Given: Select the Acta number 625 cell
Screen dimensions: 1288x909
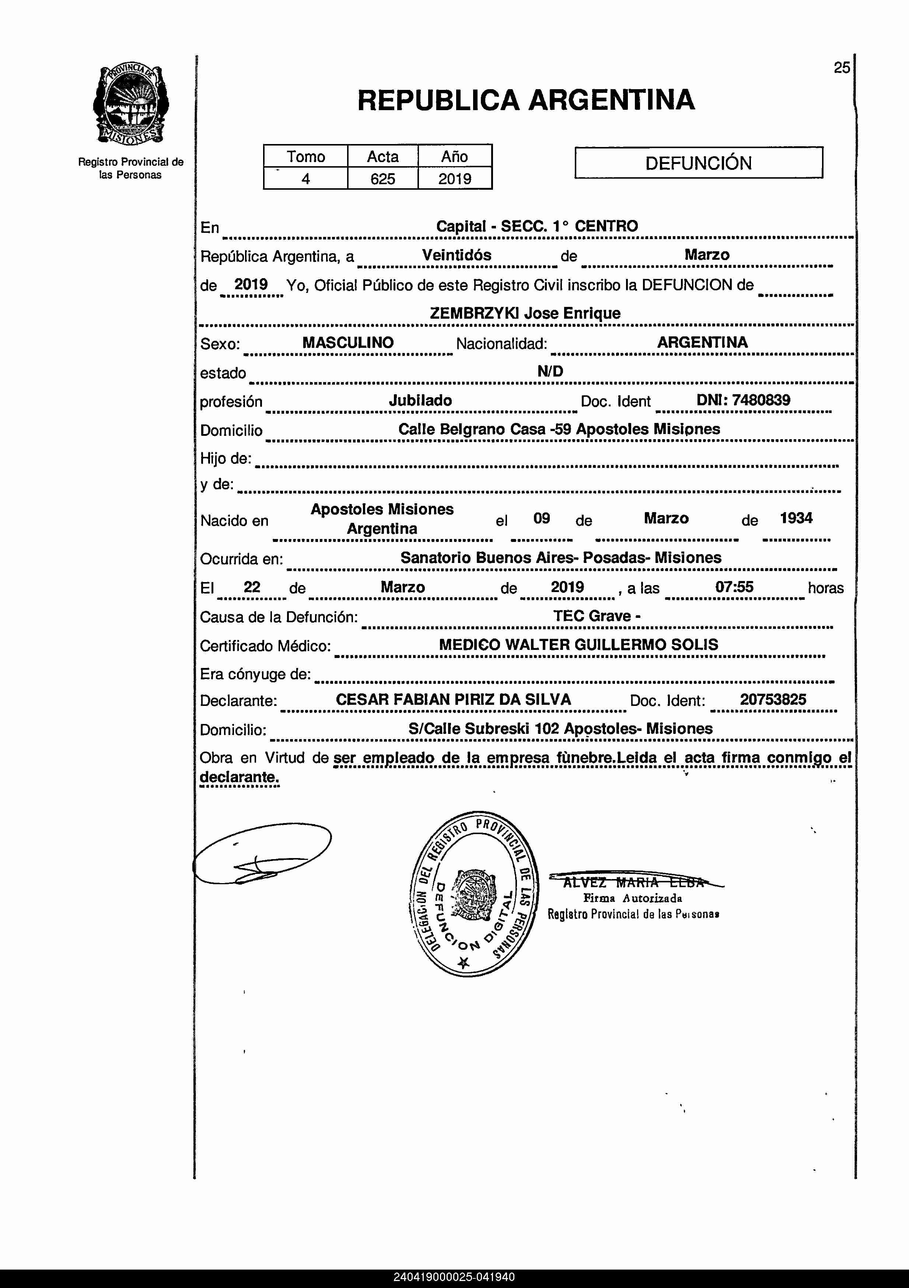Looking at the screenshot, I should point(383,179).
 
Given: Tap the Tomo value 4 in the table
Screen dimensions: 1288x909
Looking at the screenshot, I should point(306,179).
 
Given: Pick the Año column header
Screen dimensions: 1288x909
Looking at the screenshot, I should point(455,157).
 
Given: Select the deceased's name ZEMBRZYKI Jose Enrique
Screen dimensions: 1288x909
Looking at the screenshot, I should point(525,313).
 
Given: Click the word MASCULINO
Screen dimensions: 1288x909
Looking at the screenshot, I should point(348,342).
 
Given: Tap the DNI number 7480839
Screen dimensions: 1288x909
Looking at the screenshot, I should point(761,400).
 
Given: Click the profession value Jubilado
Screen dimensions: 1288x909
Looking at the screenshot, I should point(420,400).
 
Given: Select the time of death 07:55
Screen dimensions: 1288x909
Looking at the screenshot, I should point(734,587).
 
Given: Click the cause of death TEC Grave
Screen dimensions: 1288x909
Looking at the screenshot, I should point(597,616).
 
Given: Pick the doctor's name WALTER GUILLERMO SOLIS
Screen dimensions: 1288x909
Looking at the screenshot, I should point(611,645).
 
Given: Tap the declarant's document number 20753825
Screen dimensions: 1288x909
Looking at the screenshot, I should point(773,700).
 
